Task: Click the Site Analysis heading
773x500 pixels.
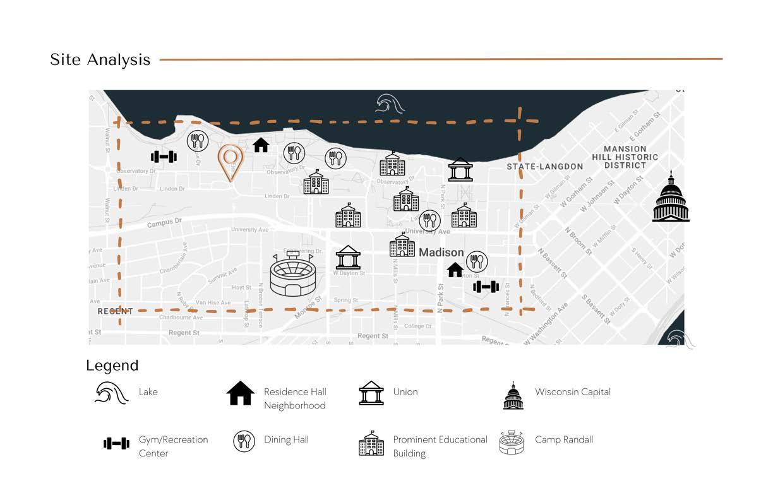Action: tap(100, 60)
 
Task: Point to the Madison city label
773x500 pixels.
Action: tap(441, 253)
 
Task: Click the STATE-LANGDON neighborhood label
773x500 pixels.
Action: tap(545, 167)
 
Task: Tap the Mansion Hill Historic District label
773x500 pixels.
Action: tap(625, 157)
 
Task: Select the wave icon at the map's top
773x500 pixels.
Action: tap(390, 104)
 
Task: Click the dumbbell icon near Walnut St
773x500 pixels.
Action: tap(164, 157)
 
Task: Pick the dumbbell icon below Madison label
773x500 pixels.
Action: tap(486, 287)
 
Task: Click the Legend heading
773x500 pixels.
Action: tap(112, 366)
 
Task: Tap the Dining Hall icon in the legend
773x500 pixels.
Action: tap(244, 441)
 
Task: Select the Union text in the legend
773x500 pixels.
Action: tap(405, 392)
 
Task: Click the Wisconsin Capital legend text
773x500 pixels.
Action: tap(572, 392)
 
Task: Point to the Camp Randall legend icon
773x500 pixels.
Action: tap(512, 442)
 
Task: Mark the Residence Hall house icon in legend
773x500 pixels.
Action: tap(240, 393)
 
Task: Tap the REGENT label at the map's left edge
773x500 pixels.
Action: tap(115, 311)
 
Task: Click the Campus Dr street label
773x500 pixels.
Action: tap(164, 223)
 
